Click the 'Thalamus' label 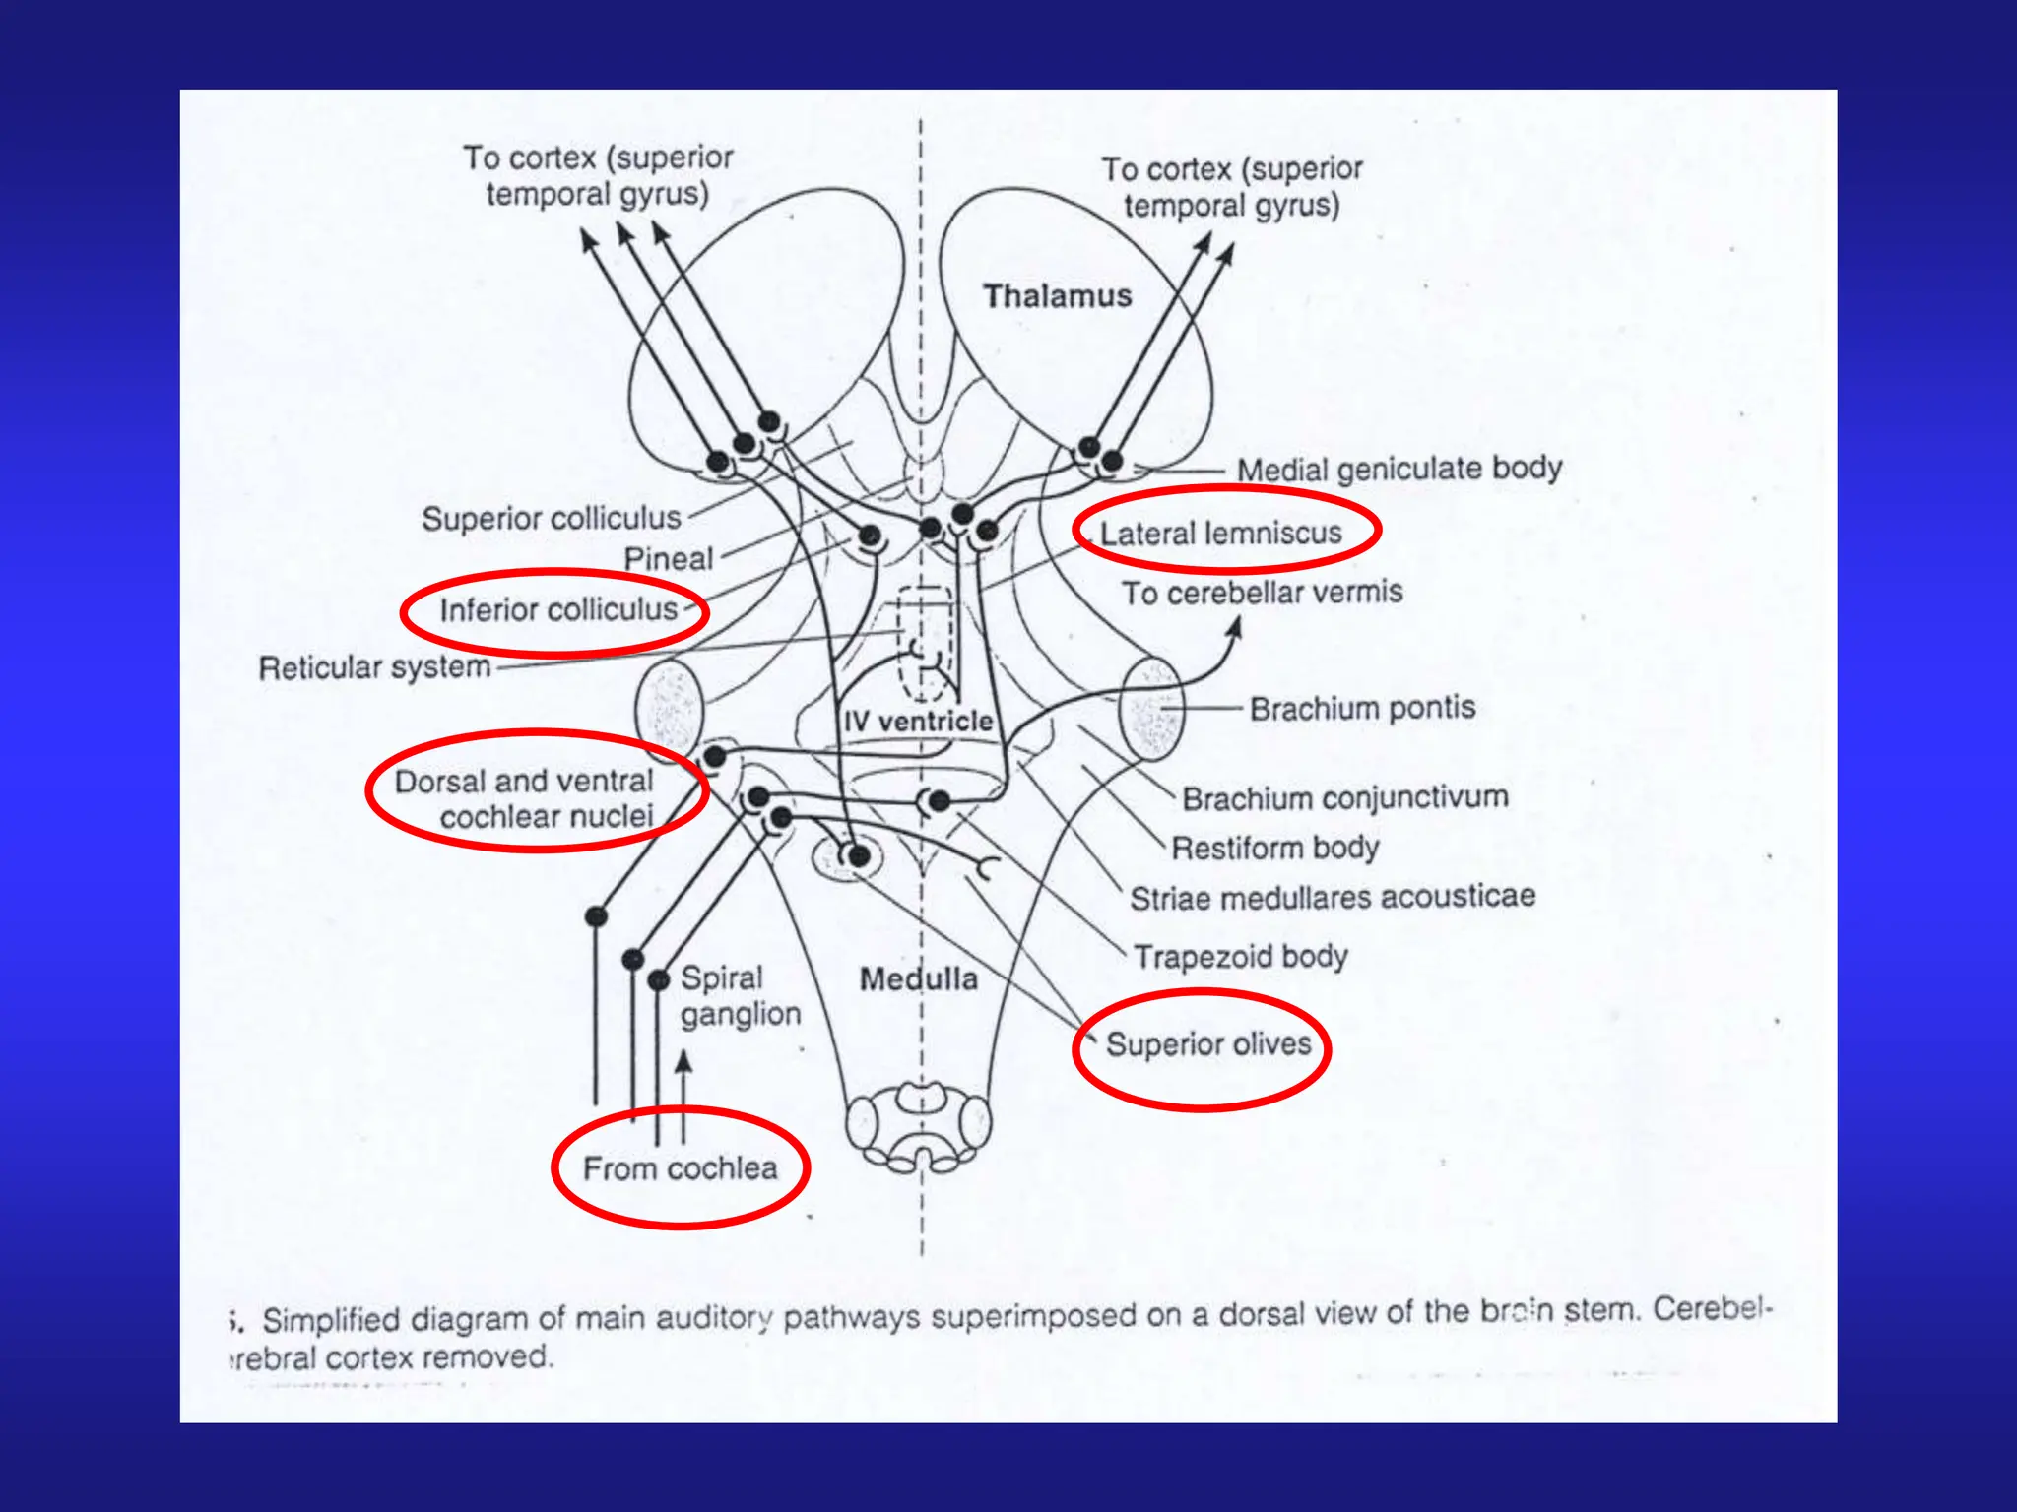[1057, 295]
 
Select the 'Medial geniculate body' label [1399, 469]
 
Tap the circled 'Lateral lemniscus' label [1220, 533]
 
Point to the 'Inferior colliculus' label [557, 610]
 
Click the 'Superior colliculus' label [551, 518]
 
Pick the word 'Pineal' [668, 558]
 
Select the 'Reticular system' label [374, 667]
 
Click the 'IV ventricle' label [918, 721]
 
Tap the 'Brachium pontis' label [1362, 708]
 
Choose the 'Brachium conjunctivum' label [1344, 797]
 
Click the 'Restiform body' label [1274, 848]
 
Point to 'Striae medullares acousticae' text [1332, 897]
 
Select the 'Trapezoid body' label [1240, 956]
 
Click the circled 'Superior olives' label [1207, 1043]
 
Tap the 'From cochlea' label [680, 1168]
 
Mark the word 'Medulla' [918, 978]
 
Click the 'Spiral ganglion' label [739, 995]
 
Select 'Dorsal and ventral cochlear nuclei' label [532, 798]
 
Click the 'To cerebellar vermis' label [1262, 593]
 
